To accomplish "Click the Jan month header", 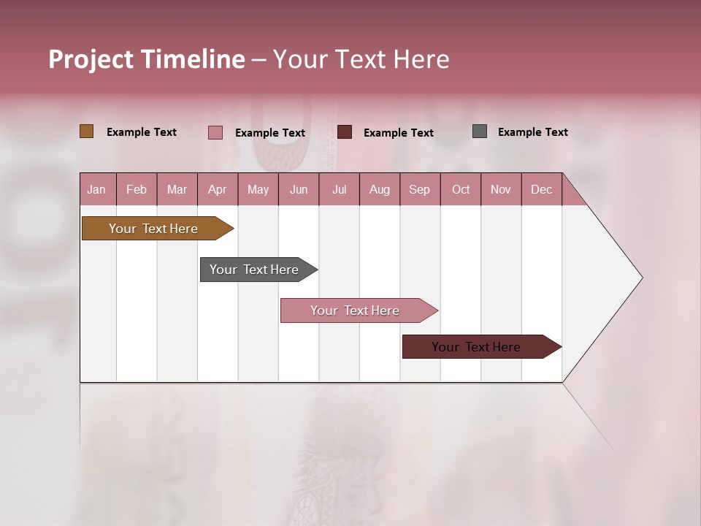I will coord(97,189).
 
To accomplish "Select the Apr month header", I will coord(217,189).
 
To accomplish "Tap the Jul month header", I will coord(339,189).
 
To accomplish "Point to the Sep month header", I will coord(419,189).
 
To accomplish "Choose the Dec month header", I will coord(541,189).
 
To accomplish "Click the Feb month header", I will coord(137,189).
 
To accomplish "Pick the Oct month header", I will coord(460,189).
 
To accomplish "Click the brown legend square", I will coord(86,131).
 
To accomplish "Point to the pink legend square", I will coord(215,132).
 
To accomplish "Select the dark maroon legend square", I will coord(345,132).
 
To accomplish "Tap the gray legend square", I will coord(479,131).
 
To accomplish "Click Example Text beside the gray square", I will coord(532,132).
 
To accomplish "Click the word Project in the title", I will coord(90,59).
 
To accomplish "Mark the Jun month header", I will coord(298,189).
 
